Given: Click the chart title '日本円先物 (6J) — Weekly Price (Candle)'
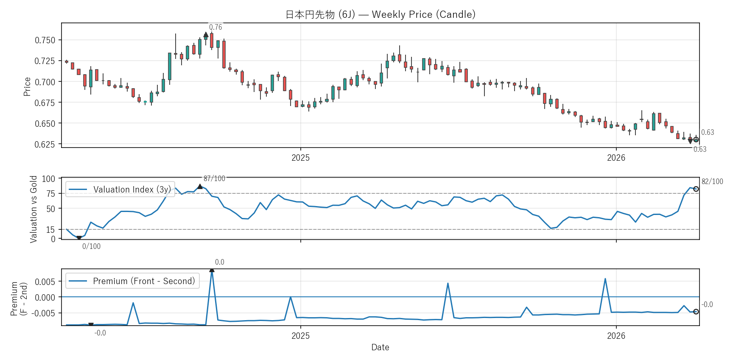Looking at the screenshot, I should tap(380, 14).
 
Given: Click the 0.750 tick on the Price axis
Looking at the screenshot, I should tap(45, 40).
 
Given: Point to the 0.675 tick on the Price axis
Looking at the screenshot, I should tap(45, 103).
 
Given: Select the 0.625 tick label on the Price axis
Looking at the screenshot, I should tap(45, 144).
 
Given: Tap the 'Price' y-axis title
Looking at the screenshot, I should tap(27, 87).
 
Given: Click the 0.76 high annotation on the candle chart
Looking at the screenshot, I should tap(215, 27).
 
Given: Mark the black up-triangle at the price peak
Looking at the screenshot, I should tap(206, 35).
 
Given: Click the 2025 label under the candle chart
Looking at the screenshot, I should tap(300, 158).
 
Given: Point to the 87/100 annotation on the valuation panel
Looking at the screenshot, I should tap(214, 179).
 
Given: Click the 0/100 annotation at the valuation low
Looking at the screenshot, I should tap(91, 246).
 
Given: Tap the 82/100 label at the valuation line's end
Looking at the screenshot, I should tap(712, 181).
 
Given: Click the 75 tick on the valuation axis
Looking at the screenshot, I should tap(51, 194).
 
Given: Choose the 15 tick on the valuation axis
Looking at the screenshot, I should tap(51, 230).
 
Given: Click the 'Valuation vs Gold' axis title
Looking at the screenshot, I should tap(34, 209).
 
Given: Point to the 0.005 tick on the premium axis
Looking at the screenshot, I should tap(45, 282).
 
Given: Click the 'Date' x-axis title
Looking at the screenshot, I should tap(380, 347).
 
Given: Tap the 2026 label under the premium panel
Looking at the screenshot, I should tap(616, 336).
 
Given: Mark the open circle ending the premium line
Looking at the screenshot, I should tap(696, 312).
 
